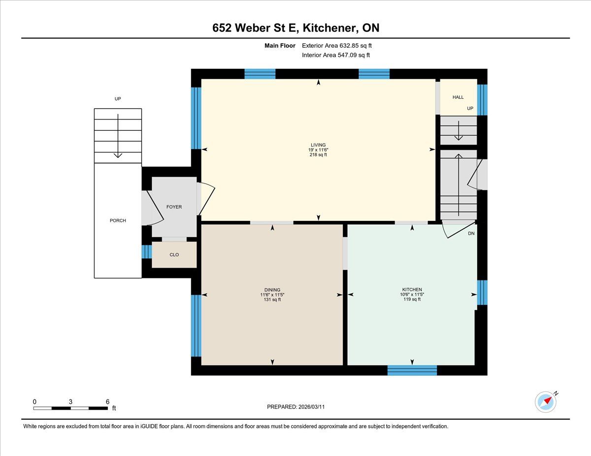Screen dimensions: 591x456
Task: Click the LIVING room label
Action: click(x=318, y=145)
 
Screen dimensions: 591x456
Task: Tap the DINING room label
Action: click(x=272, y=290)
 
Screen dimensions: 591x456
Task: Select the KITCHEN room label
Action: click(x=412, y=290)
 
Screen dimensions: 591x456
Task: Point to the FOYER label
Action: click(x=174, y=207)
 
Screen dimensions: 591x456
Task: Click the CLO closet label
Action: click(x=174, y=255)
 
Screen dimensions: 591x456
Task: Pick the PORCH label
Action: click(x=118, y=220)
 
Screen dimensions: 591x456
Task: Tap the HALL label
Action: click(x=458, y=97)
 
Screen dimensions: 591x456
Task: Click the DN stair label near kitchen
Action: click(x=471, y=234)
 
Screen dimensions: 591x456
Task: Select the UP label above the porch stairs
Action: click(x=118, y=99)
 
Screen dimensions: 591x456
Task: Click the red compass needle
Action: click(x=548, y=400)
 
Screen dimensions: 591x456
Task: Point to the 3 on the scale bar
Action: click(x=70, y=402)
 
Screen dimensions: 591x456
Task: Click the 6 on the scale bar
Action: click(x=108, y=402)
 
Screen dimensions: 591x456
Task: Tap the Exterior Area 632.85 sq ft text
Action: click(x=337, y=46)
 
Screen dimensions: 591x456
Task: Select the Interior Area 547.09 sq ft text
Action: click(x=336, y=55)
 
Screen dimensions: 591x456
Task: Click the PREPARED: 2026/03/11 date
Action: click(x=295, y=407)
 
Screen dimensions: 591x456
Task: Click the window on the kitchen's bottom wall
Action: click(x=412, y=370)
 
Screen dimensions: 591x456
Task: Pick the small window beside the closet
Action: click(x=147, y=252)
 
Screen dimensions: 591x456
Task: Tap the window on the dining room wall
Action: click(x=196, y=326)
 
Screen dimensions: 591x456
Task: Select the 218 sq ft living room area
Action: click(x=318, y=155)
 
